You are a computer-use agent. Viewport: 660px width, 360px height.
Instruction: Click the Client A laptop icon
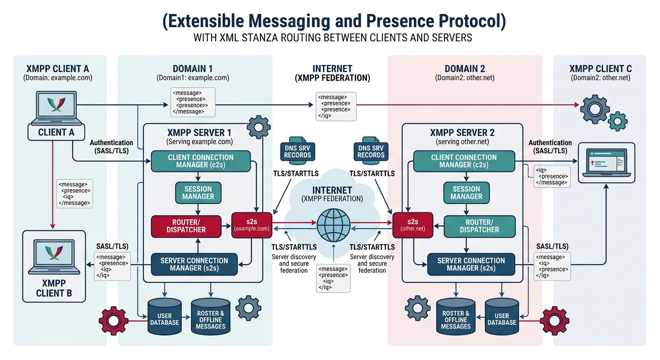tap(56, 108)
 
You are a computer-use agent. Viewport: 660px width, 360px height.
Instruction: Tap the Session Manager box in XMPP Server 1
tap(198, 193)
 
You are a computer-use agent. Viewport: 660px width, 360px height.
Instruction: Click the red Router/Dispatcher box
tap(186, 226)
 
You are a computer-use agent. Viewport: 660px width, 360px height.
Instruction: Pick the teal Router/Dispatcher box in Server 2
tap(479, 226)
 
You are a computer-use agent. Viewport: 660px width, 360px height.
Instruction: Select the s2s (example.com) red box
tap(251, 225)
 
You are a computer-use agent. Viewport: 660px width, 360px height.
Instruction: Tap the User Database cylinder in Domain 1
tap(165, 317)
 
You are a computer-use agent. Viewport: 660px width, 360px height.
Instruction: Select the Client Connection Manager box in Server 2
tap(463, 161)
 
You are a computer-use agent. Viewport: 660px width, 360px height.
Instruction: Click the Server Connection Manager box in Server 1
tap(194, 264)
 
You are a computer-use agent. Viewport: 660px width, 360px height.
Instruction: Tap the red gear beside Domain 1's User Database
tap(113, 321)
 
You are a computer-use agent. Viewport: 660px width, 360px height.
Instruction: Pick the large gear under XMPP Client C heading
tap(595, 108)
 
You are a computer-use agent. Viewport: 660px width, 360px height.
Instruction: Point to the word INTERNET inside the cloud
tap(332, 190)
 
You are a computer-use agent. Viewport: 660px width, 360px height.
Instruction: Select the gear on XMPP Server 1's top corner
tap(258, 127)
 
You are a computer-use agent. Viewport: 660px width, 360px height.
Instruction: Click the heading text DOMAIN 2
tap(465, 69)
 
